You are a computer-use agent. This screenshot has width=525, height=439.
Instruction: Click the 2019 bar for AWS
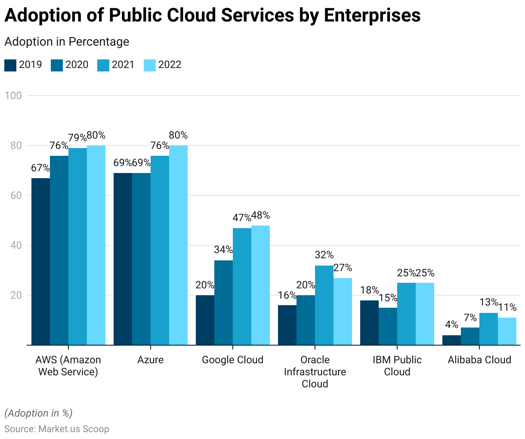point(40,261)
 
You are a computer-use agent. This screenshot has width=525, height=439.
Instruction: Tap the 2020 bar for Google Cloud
point(223,303)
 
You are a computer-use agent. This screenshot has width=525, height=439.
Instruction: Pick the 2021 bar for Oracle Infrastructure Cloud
point(324,305)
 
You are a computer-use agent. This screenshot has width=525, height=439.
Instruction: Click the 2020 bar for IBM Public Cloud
point(388,326)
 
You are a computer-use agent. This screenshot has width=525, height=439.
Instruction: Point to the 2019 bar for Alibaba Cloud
point(451,340)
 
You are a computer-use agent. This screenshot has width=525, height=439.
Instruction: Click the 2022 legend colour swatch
point(150,65)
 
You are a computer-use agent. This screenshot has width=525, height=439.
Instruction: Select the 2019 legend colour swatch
point(10,65)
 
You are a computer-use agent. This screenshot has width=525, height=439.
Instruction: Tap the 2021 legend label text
point(123,65)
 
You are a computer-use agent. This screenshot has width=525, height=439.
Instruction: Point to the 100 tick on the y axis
point(13,96)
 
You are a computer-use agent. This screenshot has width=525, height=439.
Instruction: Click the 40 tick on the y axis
point(16,245)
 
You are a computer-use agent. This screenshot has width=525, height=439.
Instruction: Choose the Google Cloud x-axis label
point(232,360)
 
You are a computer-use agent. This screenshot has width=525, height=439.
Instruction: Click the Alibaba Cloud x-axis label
point(479,360)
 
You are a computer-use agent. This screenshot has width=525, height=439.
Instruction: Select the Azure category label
point(151,360)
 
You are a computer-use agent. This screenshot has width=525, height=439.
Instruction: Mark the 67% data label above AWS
point(40,168)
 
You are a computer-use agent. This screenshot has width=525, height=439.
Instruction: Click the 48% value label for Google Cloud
point(260,215)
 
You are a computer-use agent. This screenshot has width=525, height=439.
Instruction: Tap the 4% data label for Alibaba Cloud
point(451,325)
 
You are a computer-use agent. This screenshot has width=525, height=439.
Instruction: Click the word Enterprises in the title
point(372,15)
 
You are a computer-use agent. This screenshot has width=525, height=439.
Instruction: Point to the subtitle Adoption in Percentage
point(67,42)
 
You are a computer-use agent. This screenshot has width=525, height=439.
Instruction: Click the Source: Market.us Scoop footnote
point(57,429)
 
